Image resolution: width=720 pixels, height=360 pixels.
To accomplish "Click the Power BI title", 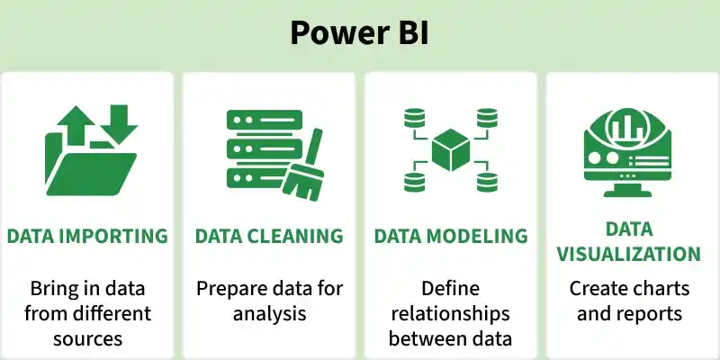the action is pyautogui.click(x=359, y=32).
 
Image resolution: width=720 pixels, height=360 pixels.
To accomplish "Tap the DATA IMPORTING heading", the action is pyautogui.click(x=87, y=236).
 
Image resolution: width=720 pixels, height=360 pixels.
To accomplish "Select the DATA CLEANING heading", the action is pyautogui.click(x=269, y=236).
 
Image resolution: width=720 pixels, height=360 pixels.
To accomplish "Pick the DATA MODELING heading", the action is pyautogui.click(x=451, y=236).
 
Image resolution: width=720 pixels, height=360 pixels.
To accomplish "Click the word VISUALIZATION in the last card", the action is pyautogui.click(x=628, y=254).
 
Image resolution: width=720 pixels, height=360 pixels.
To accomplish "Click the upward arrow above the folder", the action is pyautogui.click(x=76, y=124).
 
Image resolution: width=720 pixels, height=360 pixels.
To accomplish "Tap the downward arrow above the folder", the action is pyautogui.click(x=119, y=123).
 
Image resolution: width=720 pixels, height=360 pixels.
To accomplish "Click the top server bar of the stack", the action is pyautogui.click(x=265, y=120).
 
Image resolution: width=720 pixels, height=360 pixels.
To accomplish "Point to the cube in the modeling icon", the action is pyautogui.click(x=451, y=150).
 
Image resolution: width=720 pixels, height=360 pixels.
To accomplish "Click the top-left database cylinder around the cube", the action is pyautogui.click(x=415, y=119).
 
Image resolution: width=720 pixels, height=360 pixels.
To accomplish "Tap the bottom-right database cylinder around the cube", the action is pyautogui.click(x=487, y=182).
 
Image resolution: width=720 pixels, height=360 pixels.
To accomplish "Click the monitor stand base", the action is pyautogui.click(x=627, y=193).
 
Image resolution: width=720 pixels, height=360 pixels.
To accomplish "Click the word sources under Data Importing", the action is pyautogui.click(x=87, y=339).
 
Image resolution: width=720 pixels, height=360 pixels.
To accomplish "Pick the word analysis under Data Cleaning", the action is pyautogui.click(x=269, y=314).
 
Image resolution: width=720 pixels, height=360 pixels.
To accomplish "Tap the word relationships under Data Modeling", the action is pyautogui.click(x=451, y=314).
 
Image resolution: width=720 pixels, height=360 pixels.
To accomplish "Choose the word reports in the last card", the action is pyautogui.click(x=652, y=314).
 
